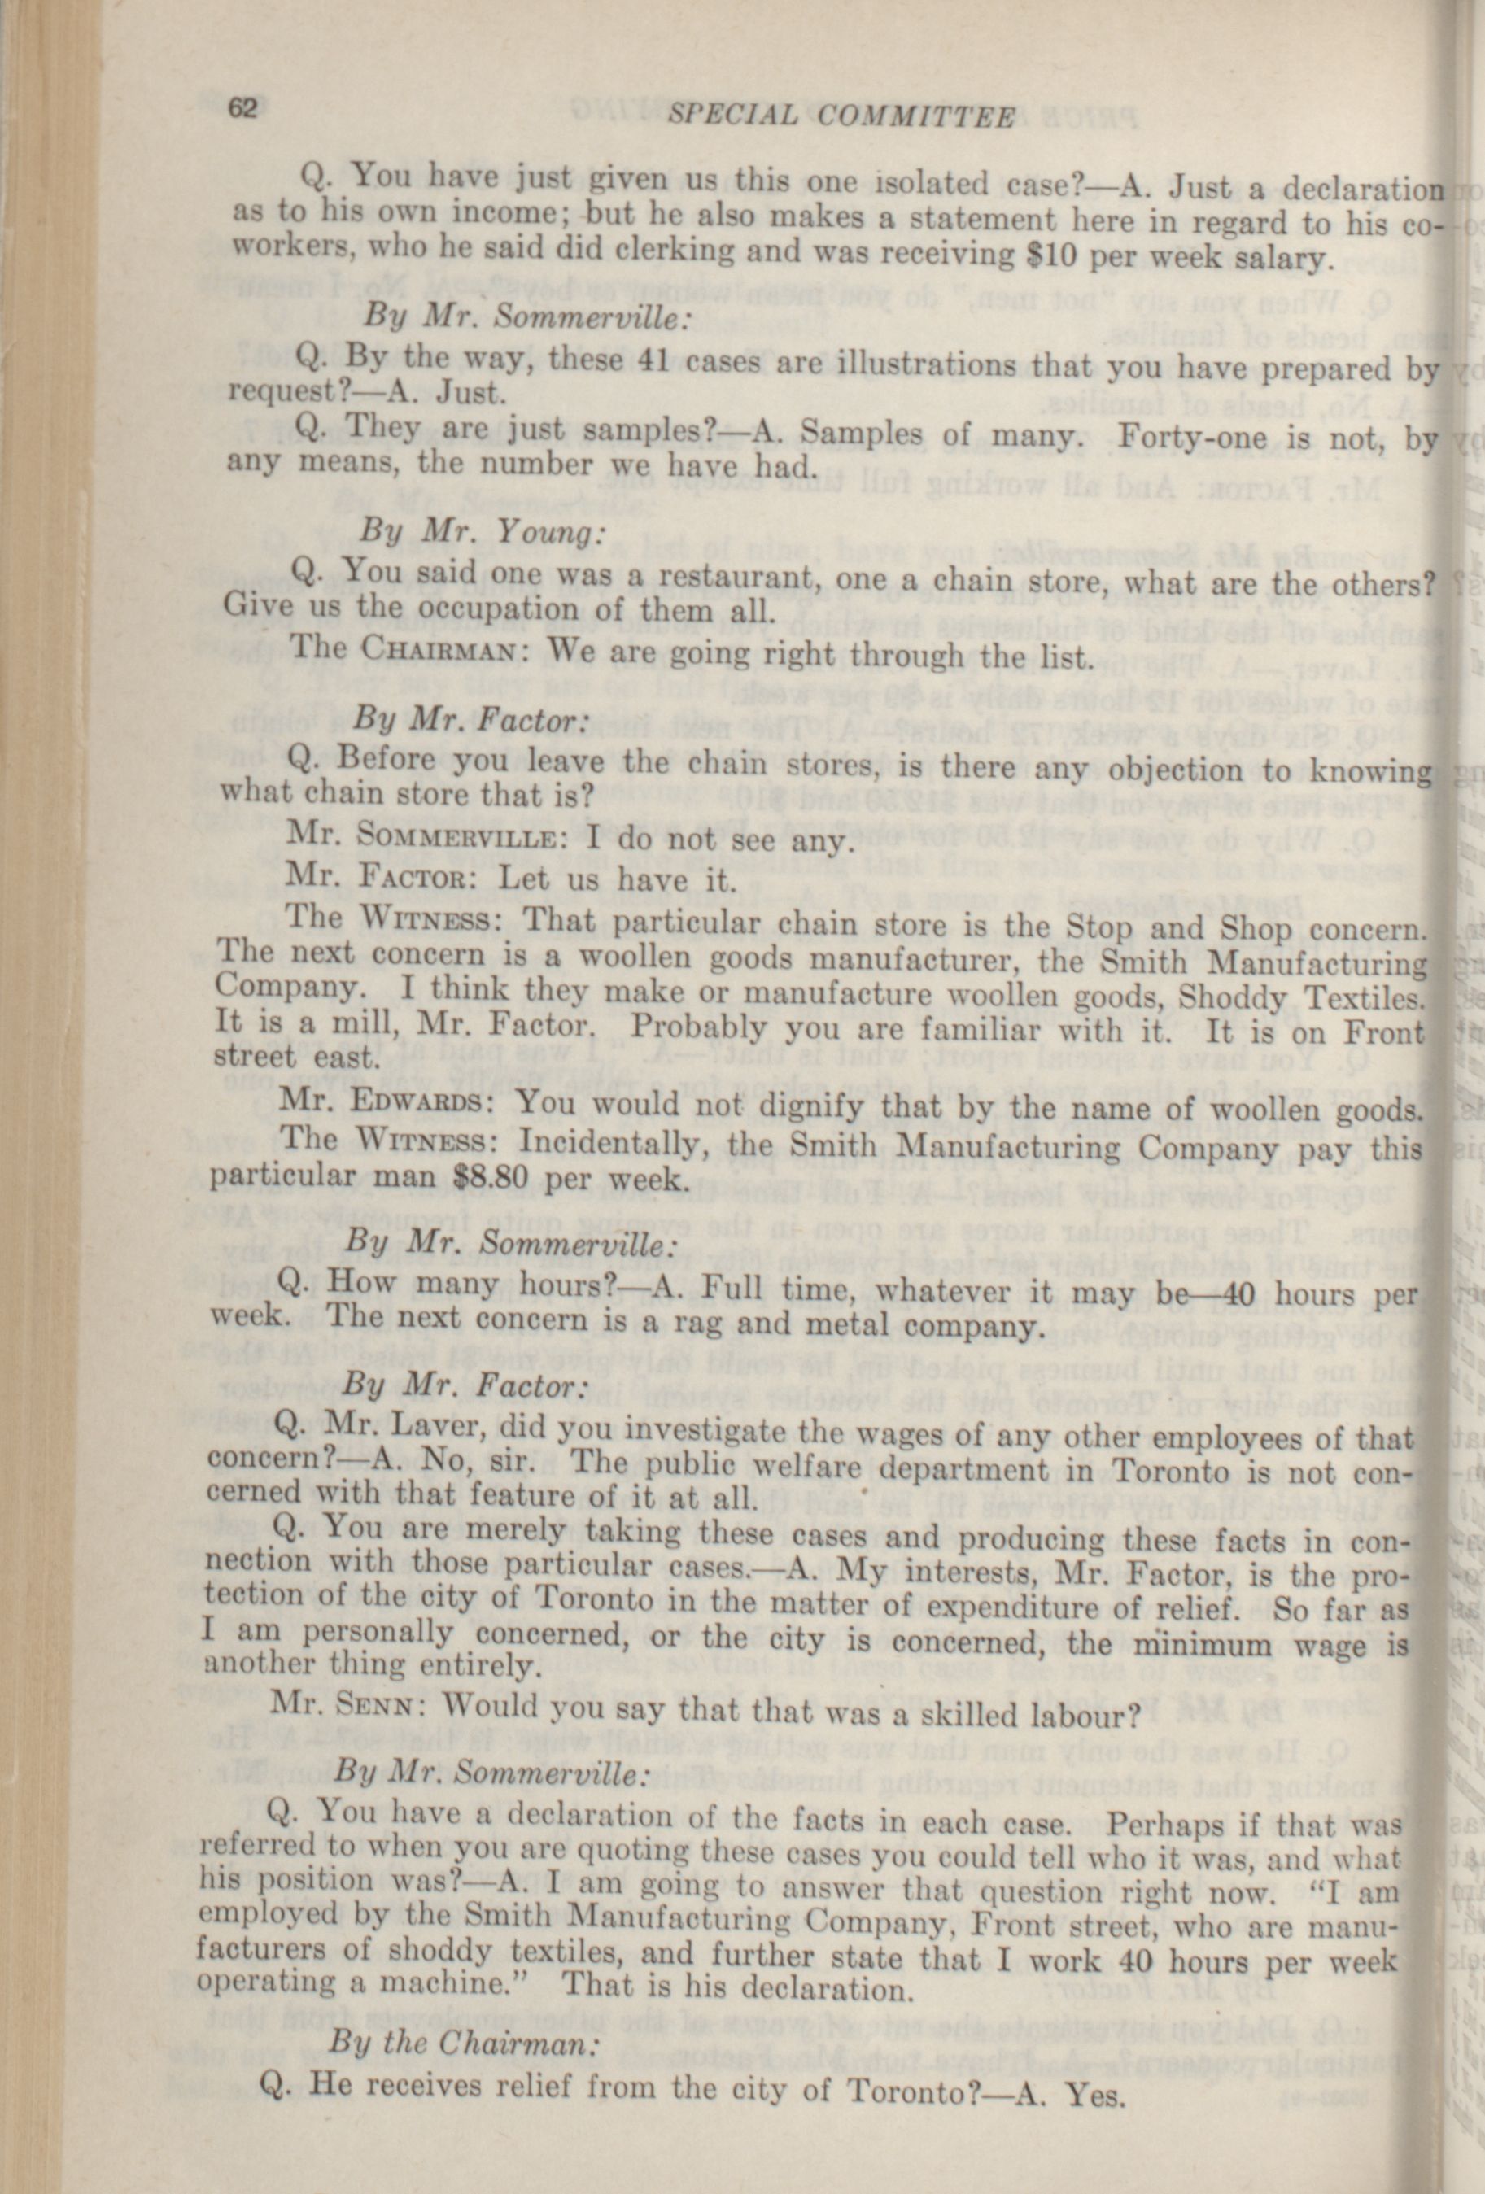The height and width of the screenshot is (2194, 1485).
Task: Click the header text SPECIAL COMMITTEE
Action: (841, 116)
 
